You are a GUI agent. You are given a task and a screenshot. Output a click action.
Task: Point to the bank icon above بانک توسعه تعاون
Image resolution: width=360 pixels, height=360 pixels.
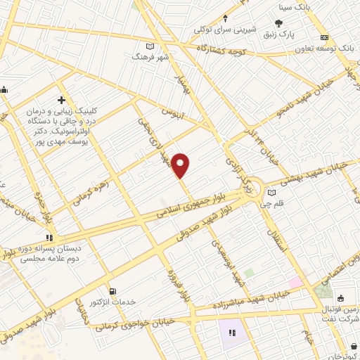point(324,37)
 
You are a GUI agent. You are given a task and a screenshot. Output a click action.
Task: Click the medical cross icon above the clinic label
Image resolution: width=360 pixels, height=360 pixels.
point(62,100)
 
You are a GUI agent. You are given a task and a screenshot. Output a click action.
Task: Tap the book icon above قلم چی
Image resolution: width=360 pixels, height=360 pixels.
point(272,193)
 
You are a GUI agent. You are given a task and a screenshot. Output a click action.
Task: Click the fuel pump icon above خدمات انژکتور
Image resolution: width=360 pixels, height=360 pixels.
point(112,290)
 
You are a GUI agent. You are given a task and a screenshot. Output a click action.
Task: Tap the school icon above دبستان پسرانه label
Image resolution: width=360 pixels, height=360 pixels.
point(49,238)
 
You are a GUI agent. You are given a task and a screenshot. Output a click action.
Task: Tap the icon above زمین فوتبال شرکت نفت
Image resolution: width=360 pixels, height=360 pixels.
point(338,295)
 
